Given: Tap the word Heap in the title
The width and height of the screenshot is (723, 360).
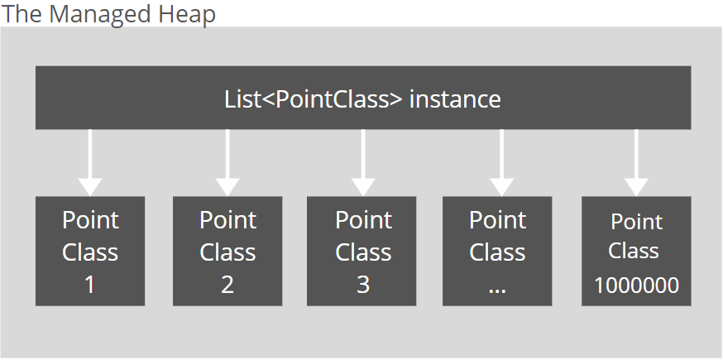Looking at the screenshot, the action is click(x=187, y=15).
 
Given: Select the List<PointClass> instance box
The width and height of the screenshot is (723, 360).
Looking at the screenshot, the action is click(x=363, y=98).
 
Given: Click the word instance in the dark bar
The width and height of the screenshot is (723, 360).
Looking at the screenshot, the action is click(x=455, y=99).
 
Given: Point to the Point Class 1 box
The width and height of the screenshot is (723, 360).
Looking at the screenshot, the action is click(x=90, y=251).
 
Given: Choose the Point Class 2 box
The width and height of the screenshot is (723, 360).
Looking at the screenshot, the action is click(x=227, y=251).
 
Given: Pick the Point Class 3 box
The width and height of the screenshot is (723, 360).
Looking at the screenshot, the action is click(x=361, y=251).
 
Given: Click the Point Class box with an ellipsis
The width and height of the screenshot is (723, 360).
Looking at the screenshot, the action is click(x=497, y=251).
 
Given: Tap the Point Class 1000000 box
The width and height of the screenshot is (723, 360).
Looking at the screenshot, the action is click(x=636, y=251).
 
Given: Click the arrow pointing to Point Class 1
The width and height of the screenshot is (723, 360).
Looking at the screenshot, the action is click(x=90, y=163).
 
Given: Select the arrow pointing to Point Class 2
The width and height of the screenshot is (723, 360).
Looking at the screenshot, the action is click(x=227, y=163).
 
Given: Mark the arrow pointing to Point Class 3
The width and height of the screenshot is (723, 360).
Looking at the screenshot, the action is click(x=363, y=163).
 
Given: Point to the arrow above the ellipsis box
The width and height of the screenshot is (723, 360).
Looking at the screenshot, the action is click(x=501, y=163).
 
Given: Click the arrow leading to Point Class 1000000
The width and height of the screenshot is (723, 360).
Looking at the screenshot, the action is click(x=636, y=163).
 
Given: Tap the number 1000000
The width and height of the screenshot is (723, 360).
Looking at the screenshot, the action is click(x=636, y=286).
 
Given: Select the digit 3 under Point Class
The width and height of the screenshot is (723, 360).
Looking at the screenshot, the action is click(x=363, y=285).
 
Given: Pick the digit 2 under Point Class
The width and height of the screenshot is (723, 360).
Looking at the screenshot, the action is click(x=227, y=285).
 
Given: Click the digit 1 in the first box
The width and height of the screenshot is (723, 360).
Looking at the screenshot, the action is click(x=89, y=285).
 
